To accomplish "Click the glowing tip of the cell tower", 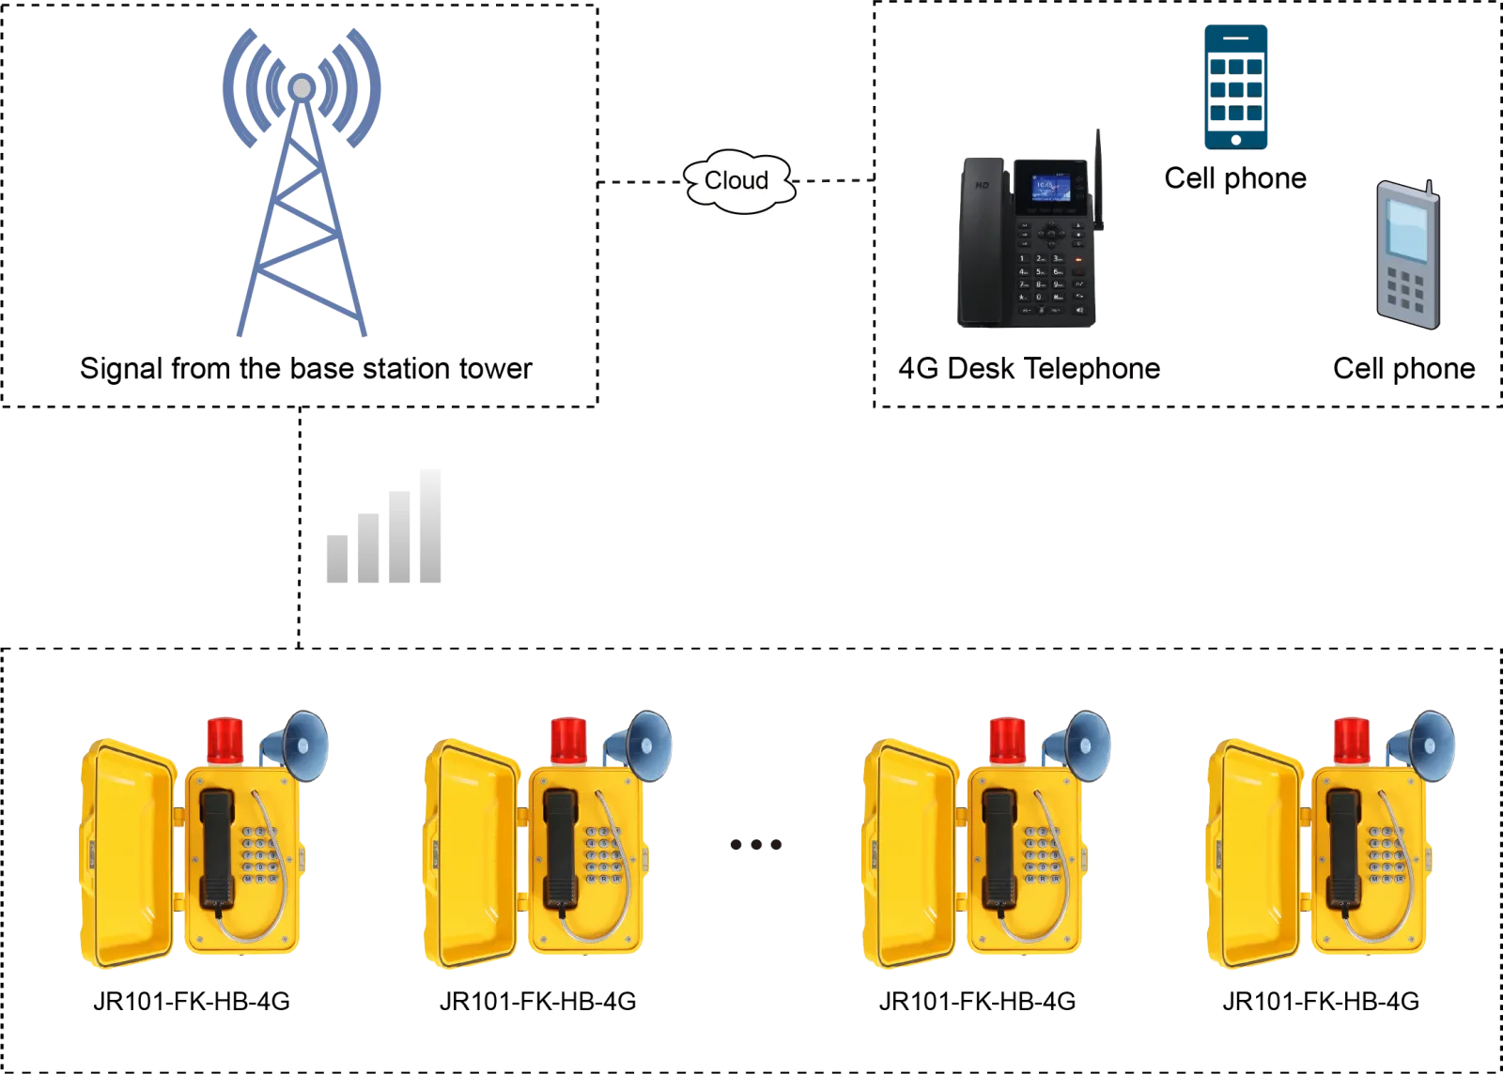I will click(x=301, y=87).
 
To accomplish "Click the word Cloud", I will click(x=736, y=180).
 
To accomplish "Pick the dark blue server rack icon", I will click(x=1235, y=86).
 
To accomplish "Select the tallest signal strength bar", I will click(x=428, y=525).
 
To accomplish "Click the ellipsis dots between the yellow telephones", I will click(x=756, y=846).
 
